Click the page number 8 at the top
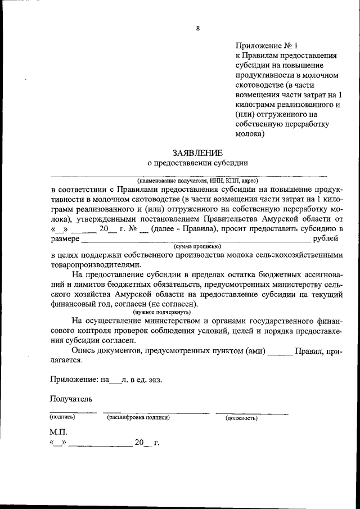click(197, 28)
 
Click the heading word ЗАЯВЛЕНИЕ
click(197, 152)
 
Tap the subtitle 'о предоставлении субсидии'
click(197, 163)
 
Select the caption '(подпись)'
click(62, 418)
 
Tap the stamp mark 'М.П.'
click(58, 431)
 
